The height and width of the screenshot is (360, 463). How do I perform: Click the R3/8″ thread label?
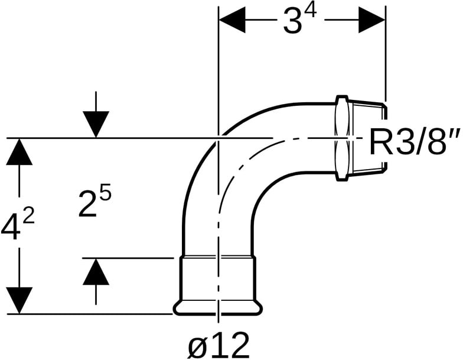point(415,142)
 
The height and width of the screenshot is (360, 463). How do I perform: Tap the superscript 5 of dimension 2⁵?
point(106,193)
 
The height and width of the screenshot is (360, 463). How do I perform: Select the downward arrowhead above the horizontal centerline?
point(96,124)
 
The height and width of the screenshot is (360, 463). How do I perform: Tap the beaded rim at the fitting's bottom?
point(217,308)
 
